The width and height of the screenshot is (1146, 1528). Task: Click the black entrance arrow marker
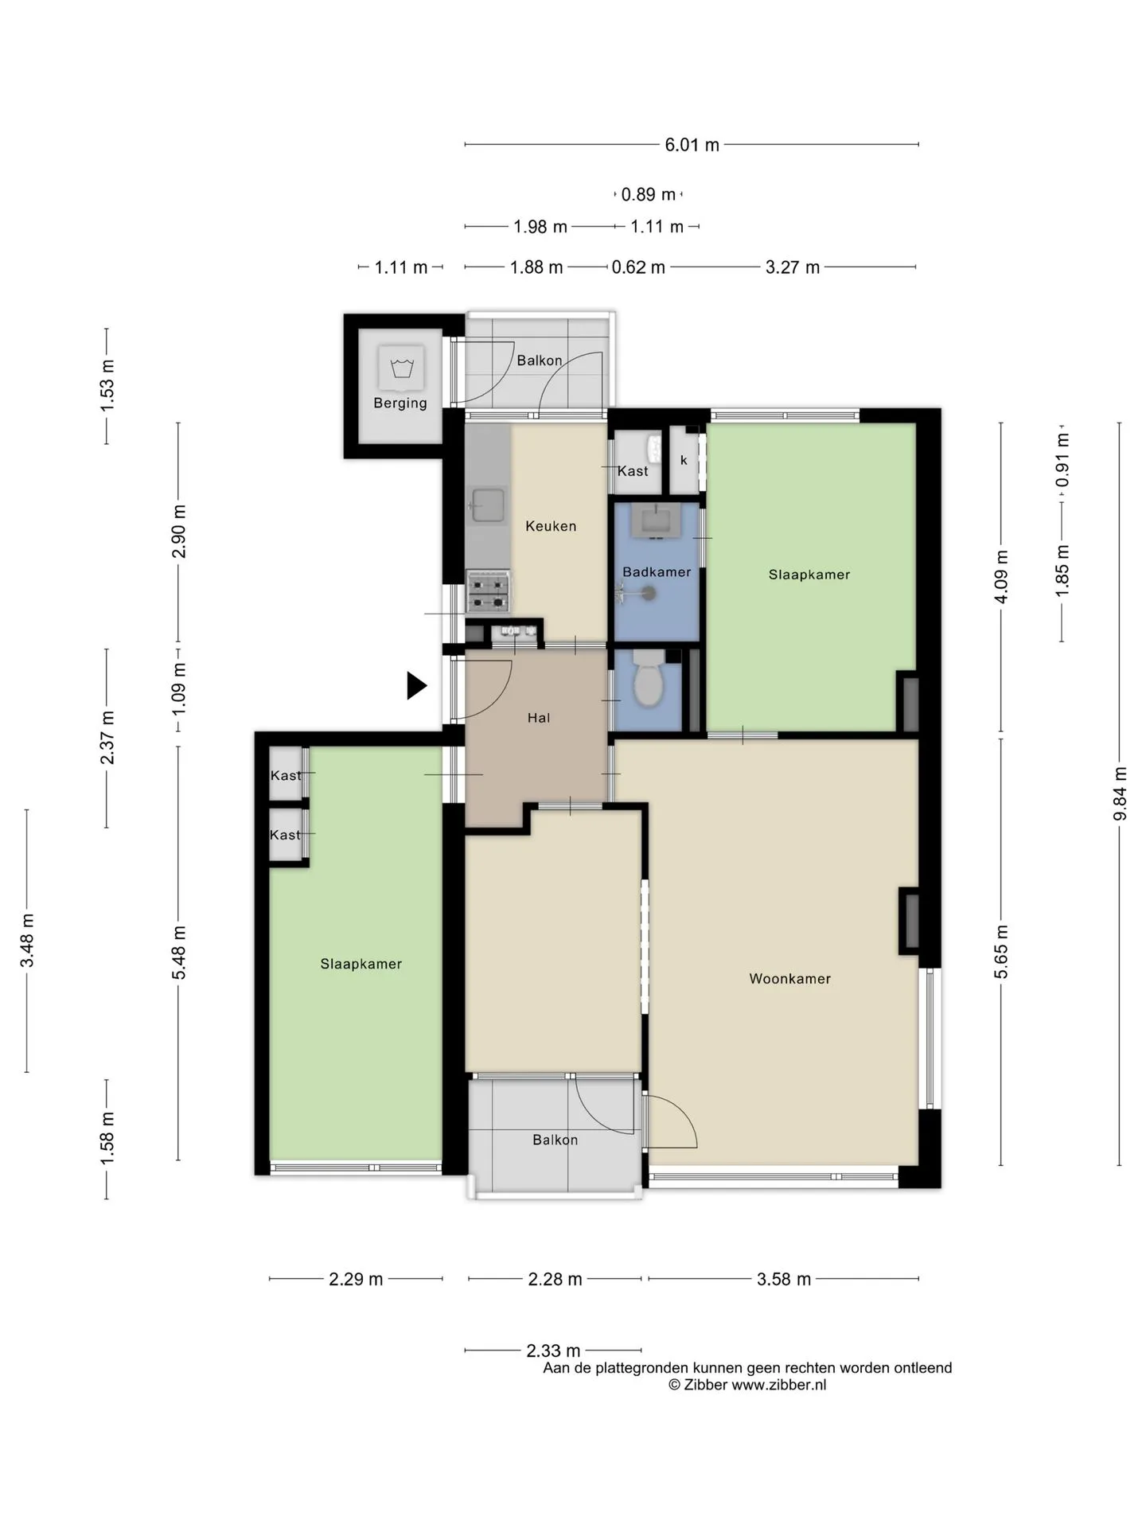coord(416,685)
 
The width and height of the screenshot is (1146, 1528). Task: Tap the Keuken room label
coord(551,526)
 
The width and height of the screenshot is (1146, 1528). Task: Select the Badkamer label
coord(657,571)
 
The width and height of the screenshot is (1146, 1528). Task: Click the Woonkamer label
coord(789,979)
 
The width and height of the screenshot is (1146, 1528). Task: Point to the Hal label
coord(539,718)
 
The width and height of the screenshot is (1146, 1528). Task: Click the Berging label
coord(400,403)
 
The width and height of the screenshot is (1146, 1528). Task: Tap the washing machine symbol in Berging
coord(401,368)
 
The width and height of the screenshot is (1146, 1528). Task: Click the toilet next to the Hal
coord(649,677)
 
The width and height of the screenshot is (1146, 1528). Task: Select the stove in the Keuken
coord(489,592)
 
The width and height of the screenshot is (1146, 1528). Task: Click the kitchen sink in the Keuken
coord(488,505)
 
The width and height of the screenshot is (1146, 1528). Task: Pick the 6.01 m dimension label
coord(692,145)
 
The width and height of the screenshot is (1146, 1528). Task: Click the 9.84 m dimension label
coord(1121,793)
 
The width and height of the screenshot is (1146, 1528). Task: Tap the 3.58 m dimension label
coord(784,1279)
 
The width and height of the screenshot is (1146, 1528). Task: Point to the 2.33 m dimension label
coord(553,1351)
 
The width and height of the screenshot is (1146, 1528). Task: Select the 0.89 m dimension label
coord(649,194)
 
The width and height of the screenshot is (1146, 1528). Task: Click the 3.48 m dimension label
coord(28,941)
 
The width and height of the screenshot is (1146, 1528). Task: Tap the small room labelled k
coord(684,460)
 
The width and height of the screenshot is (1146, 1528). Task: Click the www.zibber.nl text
coord(779,1385)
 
